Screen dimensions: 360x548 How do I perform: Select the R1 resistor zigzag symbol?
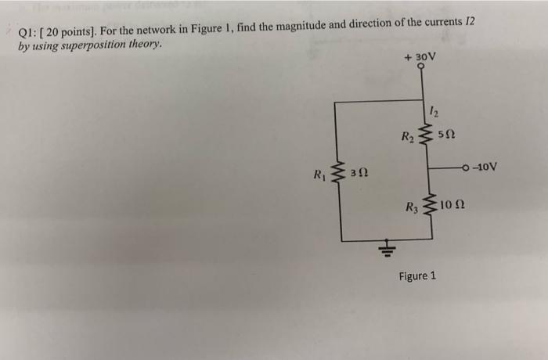click(x=339, y=175)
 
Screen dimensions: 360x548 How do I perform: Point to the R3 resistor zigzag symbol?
click(x=427, y=206)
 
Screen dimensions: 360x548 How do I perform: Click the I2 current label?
click(x=436, y=110)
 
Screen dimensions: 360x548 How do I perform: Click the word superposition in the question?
click(x=92, y=45)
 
